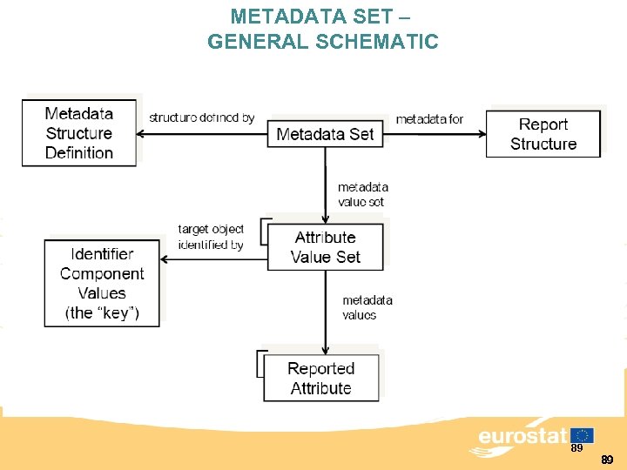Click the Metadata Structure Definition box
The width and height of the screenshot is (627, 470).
tap(79, 133)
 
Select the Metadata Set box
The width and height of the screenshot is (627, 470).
tap(325, 134)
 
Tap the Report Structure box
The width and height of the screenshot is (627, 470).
tap(543, 134)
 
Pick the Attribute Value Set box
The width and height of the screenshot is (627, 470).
tap(325, 247)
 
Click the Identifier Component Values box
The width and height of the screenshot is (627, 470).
tap(102, 283)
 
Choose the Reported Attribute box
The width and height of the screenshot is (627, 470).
tap(320, 379)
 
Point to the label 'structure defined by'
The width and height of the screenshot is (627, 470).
tap(202, 117)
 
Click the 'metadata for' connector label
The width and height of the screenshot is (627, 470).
tap(429, 118)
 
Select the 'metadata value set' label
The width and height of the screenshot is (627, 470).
tap(362, 194)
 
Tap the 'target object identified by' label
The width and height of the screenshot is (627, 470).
tap(211, 237)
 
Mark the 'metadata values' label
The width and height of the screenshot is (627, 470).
tap(367, 307)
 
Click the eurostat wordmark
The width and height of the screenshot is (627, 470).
tap(522, 436)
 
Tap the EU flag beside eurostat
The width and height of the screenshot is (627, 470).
tap(583, 435)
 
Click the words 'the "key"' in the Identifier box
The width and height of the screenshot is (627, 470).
tap(102, 313)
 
